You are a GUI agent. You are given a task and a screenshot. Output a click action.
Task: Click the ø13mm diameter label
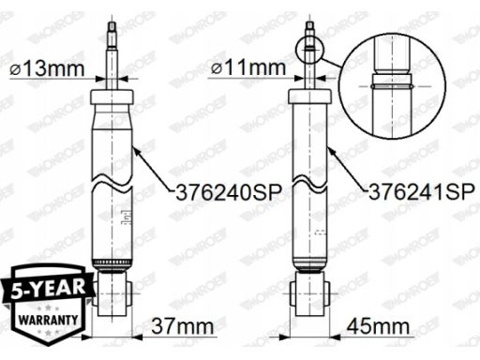tap(47, 68)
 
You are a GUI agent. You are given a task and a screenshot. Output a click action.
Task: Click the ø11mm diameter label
tap(248, 67)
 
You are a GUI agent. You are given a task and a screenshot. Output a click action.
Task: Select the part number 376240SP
tap(229, 192)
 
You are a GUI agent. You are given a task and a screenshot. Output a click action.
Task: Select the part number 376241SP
tap(422, 192)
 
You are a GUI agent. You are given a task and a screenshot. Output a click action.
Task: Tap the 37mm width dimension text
tap(183, 326)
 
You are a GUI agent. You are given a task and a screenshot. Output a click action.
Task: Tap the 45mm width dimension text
tap(378, 326)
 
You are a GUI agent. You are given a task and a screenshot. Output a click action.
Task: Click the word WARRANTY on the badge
tap(48, 320)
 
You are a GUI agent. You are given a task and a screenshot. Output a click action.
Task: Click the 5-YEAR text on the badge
tap(49, 288)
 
